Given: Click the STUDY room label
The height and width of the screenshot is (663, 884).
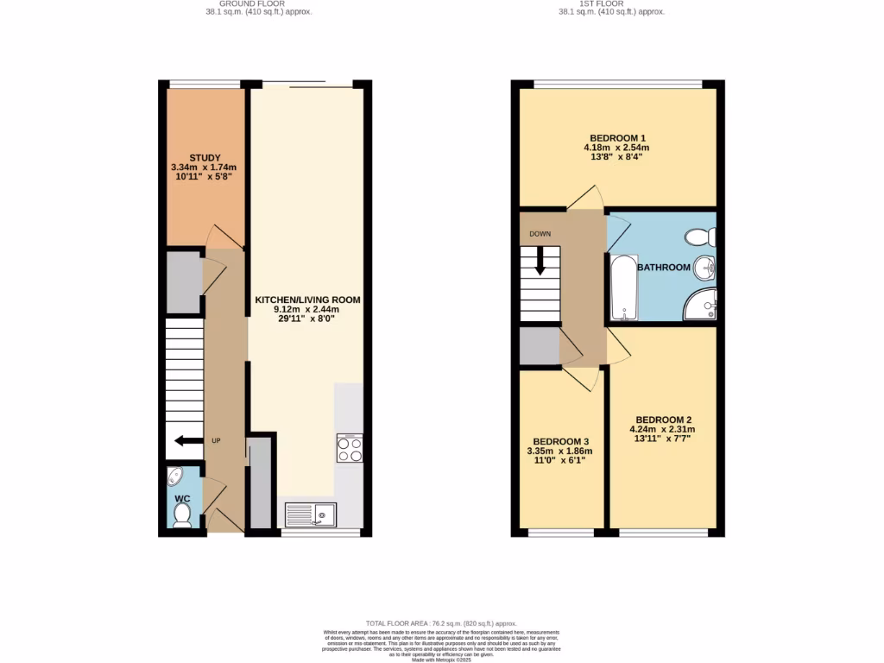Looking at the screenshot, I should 205,157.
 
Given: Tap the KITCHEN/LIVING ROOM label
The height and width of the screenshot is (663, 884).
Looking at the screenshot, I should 306,300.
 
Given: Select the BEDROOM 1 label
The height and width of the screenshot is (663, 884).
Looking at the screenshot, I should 617,138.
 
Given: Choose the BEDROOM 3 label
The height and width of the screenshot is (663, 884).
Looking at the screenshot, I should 559,439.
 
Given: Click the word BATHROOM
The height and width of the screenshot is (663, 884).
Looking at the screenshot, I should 663,268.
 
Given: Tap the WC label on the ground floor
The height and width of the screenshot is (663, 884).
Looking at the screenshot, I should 182,499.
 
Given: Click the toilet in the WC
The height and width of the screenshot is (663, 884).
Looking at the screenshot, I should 182,515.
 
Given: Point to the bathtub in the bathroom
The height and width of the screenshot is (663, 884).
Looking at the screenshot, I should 622,287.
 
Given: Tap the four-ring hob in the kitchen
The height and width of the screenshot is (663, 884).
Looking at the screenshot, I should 350,449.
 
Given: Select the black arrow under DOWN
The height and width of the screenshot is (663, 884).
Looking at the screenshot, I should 540,260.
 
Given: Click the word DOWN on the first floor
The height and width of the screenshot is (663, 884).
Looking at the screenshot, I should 540,233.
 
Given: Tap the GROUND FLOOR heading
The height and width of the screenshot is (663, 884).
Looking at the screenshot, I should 259,3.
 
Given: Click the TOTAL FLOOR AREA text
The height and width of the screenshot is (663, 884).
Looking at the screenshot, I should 441,622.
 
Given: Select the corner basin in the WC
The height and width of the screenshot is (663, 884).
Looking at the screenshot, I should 175,476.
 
